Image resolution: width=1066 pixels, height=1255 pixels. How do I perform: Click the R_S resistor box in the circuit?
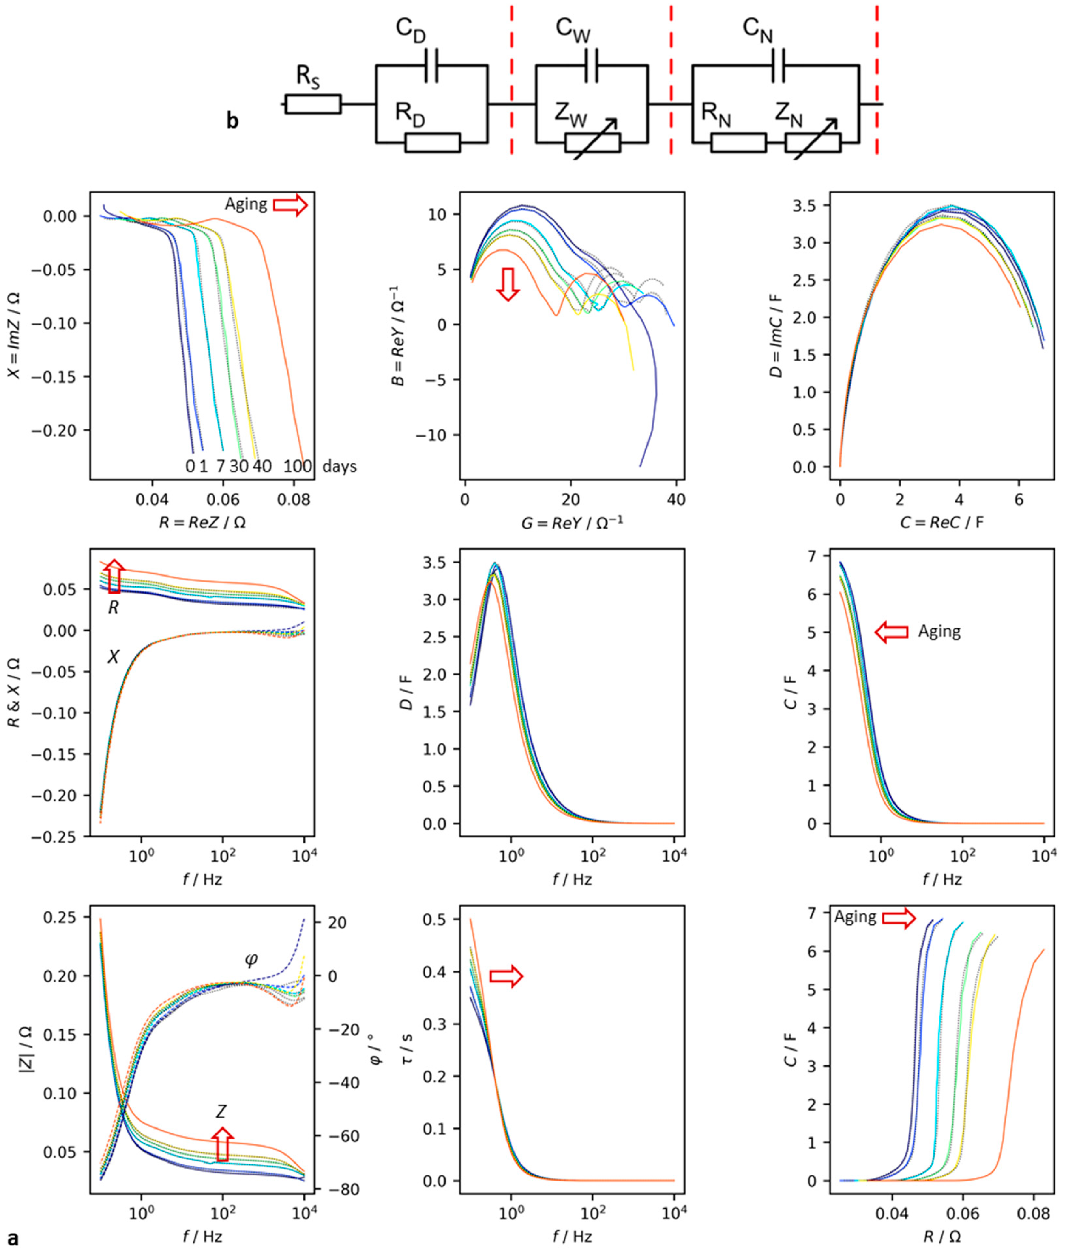pos(313,104)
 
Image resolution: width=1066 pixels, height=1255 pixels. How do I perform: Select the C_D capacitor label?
pos(411,30)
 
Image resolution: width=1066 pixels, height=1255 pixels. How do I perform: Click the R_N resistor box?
pos(739,143)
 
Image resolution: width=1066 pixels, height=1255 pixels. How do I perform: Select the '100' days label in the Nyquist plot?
pos(297,466)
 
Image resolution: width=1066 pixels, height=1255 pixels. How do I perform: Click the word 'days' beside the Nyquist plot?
pos(340,466)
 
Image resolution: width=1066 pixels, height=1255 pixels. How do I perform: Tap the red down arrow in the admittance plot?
pos(508,284)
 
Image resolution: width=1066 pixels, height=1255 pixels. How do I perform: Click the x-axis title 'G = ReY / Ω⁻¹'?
pos(572,522)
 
